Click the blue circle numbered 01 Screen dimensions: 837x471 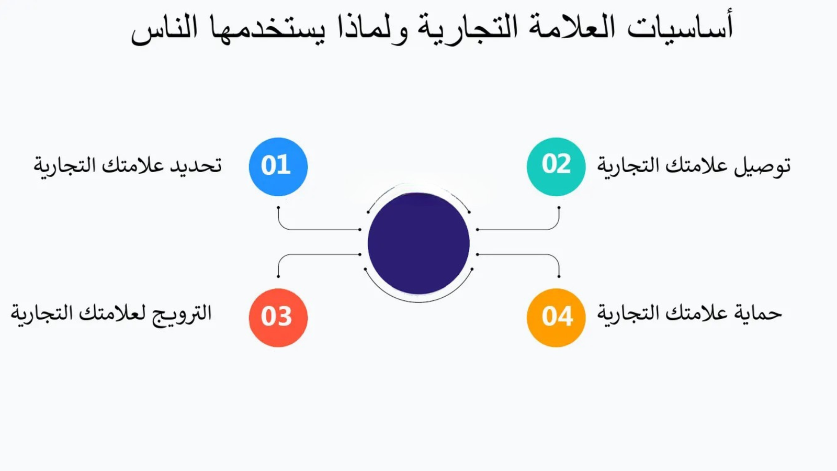coord(278,167)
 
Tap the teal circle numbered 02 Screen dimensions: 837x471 coord(556,167)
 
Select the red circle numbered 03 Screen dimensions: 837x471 coord(278,317)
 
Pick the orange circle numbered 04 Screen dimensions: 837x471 coord(556,317)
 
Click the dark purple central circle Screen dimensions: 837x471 coord(418,243)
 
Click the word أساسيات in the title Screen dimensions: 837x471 coord(680,27)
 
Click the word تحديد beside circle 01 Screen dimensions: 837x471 coord(196,165)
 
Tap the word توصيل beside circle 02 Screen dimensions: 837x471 coord(762,167)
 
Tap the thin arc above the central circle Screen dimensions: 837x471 coord(418,184)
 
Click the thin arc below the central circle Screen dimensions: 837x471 coord(418,302)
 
